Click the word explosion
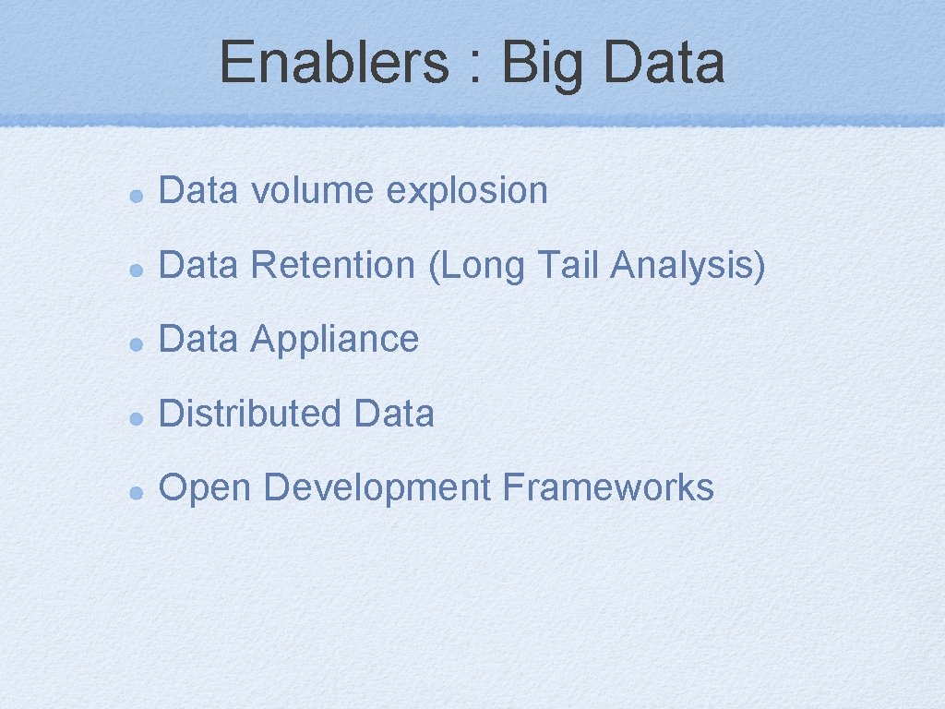click(x=467, y=192)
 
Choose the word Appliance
click(x=334, y=340)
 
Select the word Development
click(x=377, y=488)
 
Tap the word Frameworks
click(x=608, y=487)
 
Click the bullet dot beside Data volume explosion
click(x=135, y=195)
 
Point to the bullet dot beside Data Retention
click(x=135, y=269)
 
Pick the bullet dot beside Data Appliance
click(x=135, y=342)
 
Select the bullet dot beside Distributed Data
click(x=135, y=416)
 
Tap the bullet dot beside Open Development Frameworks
click(x=135, y=490)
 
